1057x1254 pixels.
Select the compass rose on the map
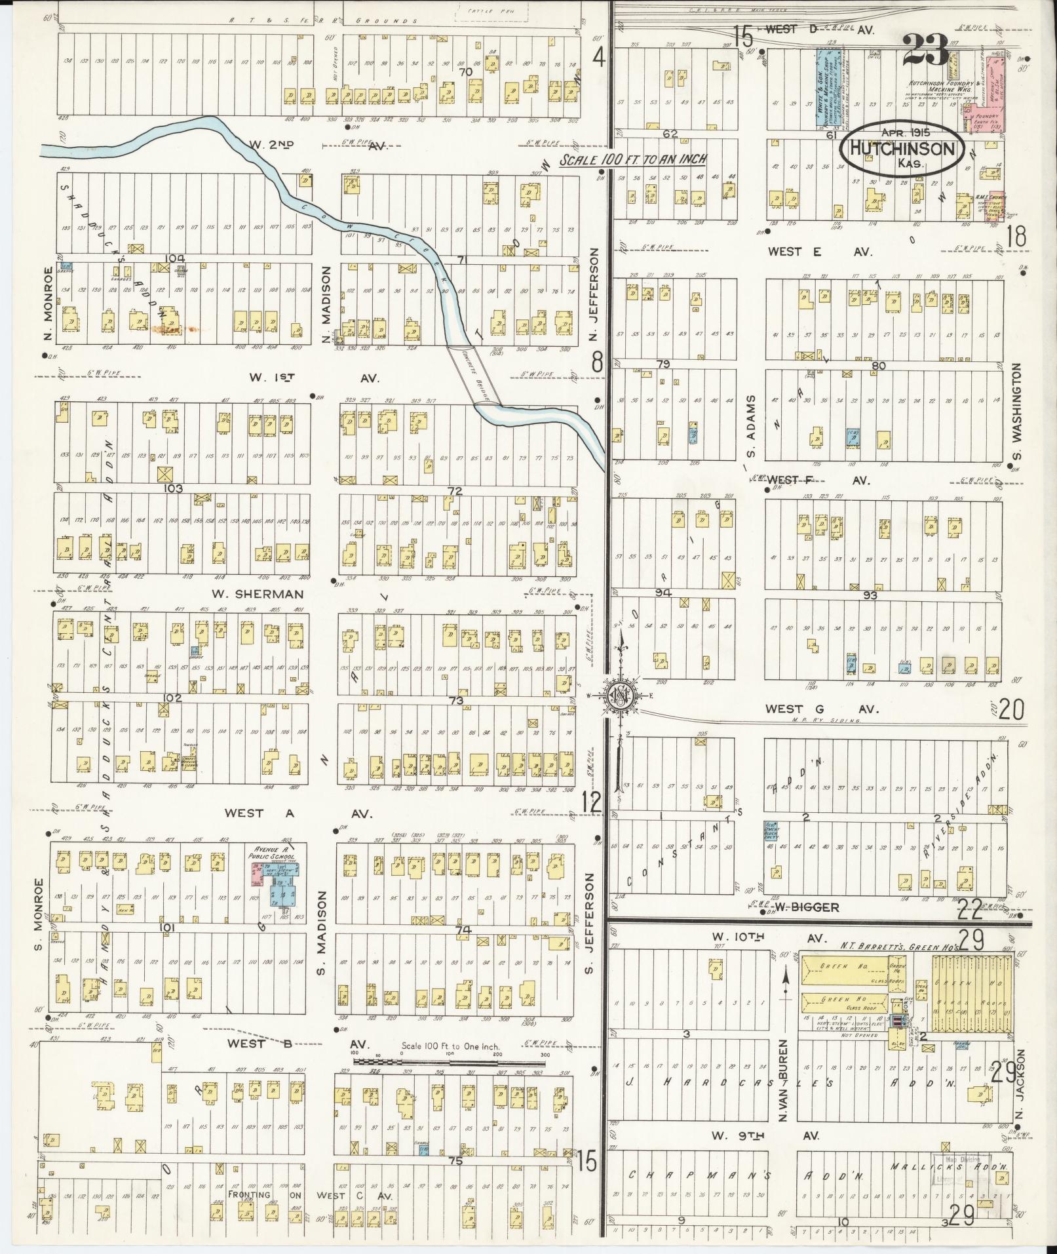coord(619,696)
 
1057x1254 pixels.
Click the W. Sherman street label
coord(258,595)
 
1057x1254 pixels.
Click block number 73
coord(457,701)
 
